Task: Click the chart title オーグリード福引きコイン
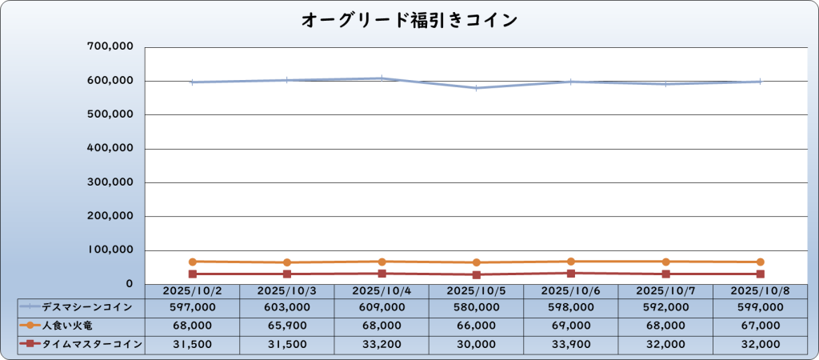pos(409,20)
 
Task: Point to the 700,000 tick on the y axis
pos(110,47)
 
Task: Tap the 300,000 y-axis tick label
pos(110,182)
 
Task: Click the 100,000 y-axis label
pos(110,250)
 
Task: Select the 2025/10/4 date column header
pos(382,291)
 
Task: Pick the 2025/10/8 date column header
pos(760,291)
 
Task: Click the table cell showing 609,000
pos(382,307)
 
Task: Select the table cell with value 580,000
pos(476,307)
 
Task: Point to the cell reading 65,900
pos(286,326)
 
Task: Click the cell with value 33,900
pos(570,344)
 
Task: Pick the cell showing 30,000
pos(476,344)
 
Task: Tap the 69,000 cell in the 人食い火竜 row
pos(570,326)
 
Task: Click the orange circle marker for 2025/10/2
pos(192,262)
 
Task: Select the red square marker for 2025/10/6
pos(570,274)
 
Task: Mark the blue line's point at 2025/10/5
pos(476,88)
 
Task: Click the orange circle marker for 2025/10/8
pos(760,262)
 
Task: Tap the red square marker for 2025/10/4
pos(382,274)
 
